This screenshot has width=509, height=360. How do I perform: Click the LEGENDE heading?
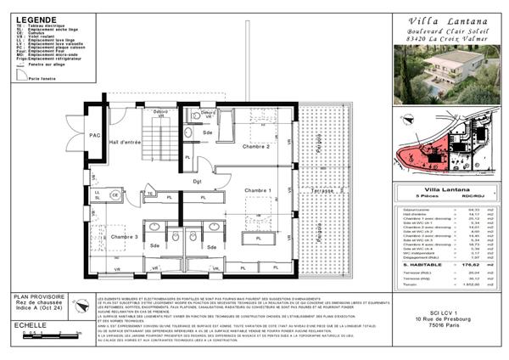coord(32,19)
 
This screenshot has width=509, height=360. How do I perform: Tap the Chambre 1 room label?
coord(256,190)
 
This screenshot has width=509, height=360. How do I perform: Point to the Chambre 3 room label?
coord(124,237)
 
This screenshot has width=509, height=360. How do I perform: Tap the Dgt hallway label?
coord(199,181)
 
